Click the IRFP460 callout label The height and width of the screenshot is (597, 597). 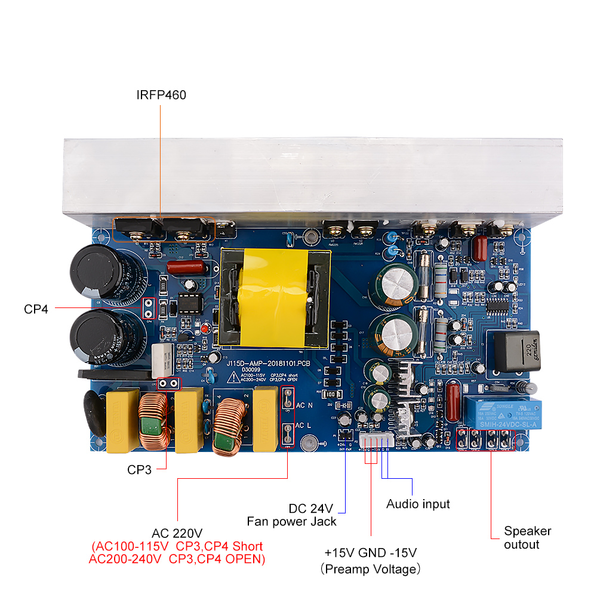[161, 94]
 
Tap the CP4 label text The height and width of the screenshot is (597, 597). [36, 309]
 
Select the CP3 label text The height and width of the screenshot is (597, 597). [140, 470]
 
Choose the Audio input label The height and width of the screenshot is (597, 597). [418, 504]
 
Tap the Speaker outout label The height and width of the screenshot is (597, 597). [527, 537]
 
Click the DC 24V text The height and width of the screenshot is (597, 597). [310, 509]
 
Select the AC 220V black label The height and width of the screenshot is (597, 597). [177, 533]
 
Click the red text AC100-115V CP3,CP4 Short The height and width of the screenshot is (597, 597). [177, 546]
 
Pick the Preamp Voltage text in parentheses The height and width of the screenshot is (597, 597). [370, 569]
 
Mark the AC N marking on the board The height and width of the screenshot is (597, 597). [304, 406]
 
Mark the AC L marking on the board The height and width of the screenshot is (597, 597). [304, 426]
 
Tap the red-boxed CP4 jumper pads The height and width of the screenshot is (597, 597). [148, 308]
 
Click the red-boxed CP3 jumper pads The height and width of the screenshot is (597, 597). [168, 383]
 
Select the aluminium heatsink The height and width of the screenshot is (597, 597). [313, 176]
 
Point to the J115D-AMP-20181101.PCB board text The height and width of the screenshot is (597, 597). [269, 362]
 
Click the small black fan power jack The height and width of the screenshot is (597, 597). [344, 435]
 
